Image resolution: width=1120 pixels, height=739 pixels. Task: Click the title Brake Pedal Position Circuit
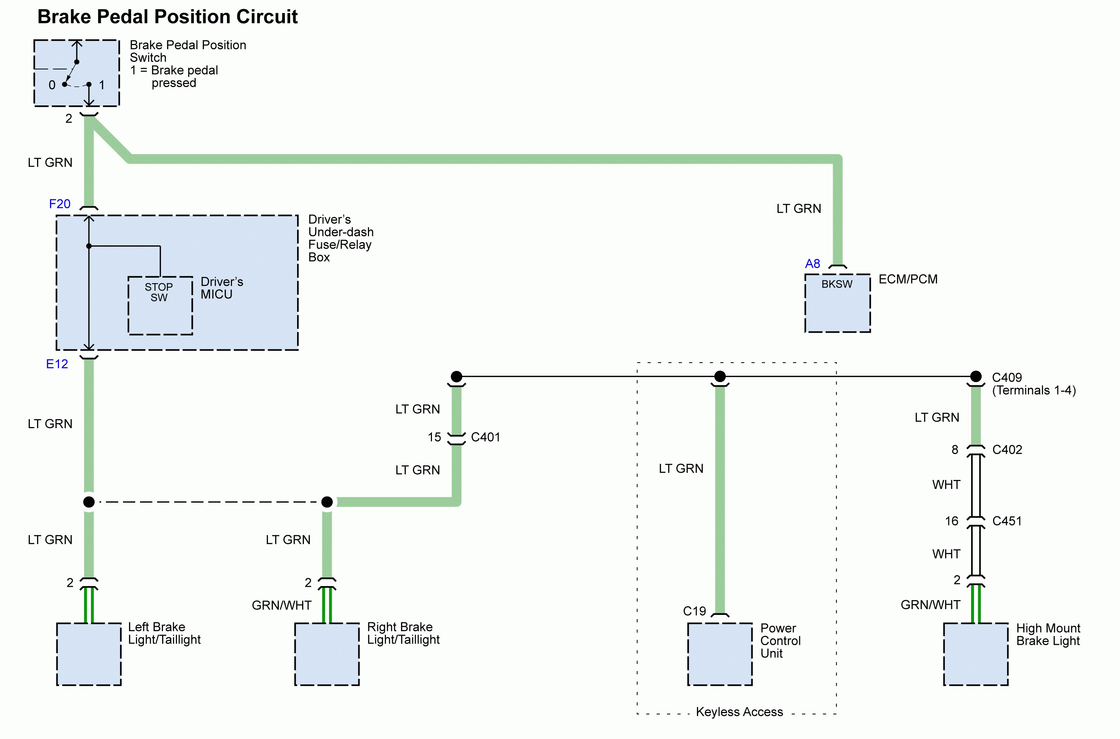(x=167, y=17)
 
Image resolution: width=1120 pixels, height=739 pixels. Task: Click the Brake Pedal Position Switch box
(x=77, y=73)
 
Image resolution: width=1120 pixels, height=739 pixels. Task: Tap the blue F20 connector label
(x=60, y=204)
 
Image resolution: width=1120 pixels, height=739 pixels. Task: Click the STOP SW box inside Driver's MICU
(x=160, y=305)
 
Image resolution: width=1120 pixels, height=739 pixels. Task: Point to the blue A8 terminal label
(x=812, y=264)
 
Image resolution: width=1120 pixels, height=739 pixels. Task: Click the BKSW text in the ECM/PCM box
(x=837, y=284)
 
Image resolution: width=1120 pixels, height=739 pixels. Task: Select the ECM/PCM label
(x=908, y=280)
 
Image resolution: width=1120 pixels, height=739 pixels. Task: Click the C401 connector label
(x=485, y=437)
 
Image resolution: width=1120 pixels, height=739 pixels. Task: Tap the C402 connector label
(x=1007, y=450)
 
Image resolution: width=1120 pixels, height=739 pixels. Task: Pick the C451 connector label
(x=1007, y=521)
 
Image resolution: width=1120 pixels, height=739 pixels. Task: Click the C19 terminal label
(x=695, y=611)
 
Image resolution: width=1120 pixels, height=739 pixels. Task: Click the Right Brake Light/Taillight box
(x=327, y=654)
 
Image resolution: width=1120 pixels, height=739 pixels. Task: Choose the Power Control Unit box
(x=720, y=654)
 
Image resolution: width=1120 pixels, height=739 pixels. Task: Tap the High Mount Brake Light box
(x=976, y=654)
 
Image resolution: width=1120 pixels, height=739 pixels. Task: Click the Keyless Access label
(x=739, y=712)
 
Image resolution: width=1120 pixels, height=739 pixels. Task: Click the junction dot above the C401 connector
(x=456, y=377)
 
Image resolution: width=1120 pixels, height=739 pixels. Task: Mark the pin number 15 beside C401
(x=434, y=437)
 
